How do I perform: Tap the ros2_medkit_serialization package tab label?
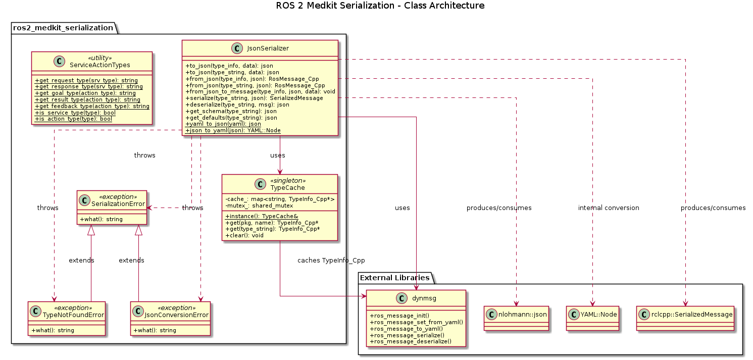(63, 28)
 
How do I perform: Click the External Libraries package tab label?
(394, 278)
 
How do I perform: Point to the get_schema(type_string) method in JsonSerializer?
(231, 111)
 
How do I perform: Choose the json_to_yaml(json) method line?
(233, 130)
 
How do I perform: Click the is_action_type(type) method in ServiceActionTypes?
(73, 119)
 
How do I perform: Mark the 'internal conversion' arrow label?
(609, 208)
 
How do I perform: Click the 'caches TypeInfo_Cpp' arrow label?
(331, 261)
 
